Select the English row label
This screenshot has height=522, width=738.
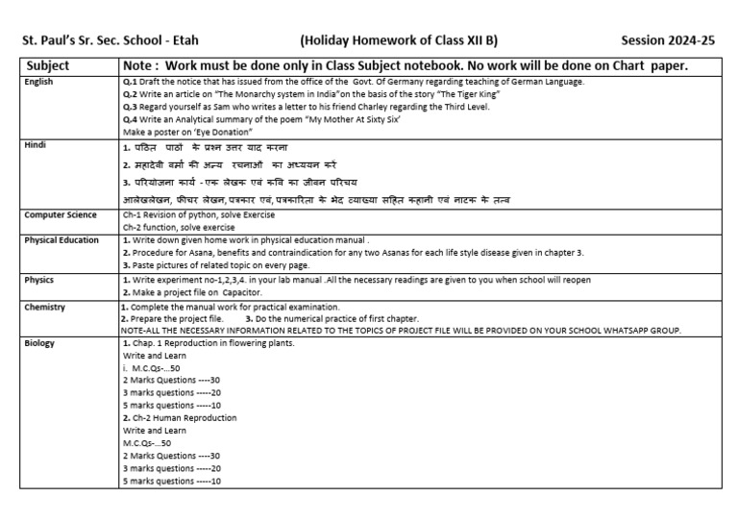pyautogui.click(x=39, y=83)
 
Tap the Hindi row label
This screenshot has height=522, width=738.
pyautogui.click(x=36, y=144)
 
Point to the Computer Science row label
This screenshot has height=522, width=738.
pyautogui.click(x=61, y=214)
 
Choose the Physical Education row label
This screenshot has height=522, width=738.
pyautogui.click(x=62, y=239)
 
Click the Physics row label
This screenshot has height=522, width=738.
pyautogui.click(x=39, y=279)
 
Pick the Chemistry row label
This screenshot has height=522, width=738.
pyautogui.click(x=45, y=306)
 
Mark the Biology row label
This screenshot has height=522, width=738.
pyautogui.click(x=40, y=342)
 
